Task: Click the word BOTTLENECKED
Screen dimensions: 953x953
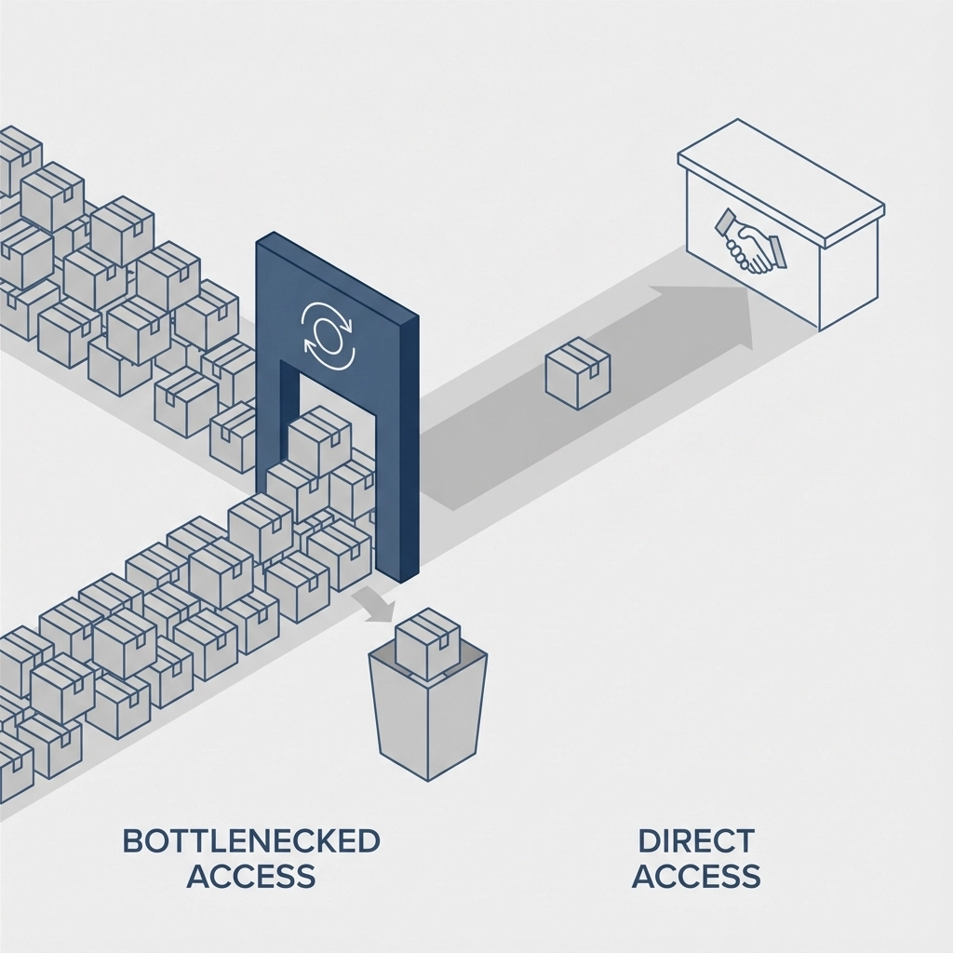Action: point(251,840)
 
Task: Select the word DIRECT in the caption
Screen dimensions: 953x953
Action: point(695,840)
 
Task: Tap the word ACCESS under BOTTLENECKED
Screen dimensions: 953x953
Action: point(251,876)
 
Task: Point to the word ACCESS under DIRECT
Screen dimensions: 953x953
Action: point(695,876)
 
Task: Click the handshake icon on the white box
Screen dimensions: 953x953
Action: point(749,244)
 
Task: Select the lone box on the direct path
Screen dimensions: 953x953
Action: point(577,372)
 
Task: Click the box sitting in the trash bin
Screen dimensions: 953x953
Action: point(428,642)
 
